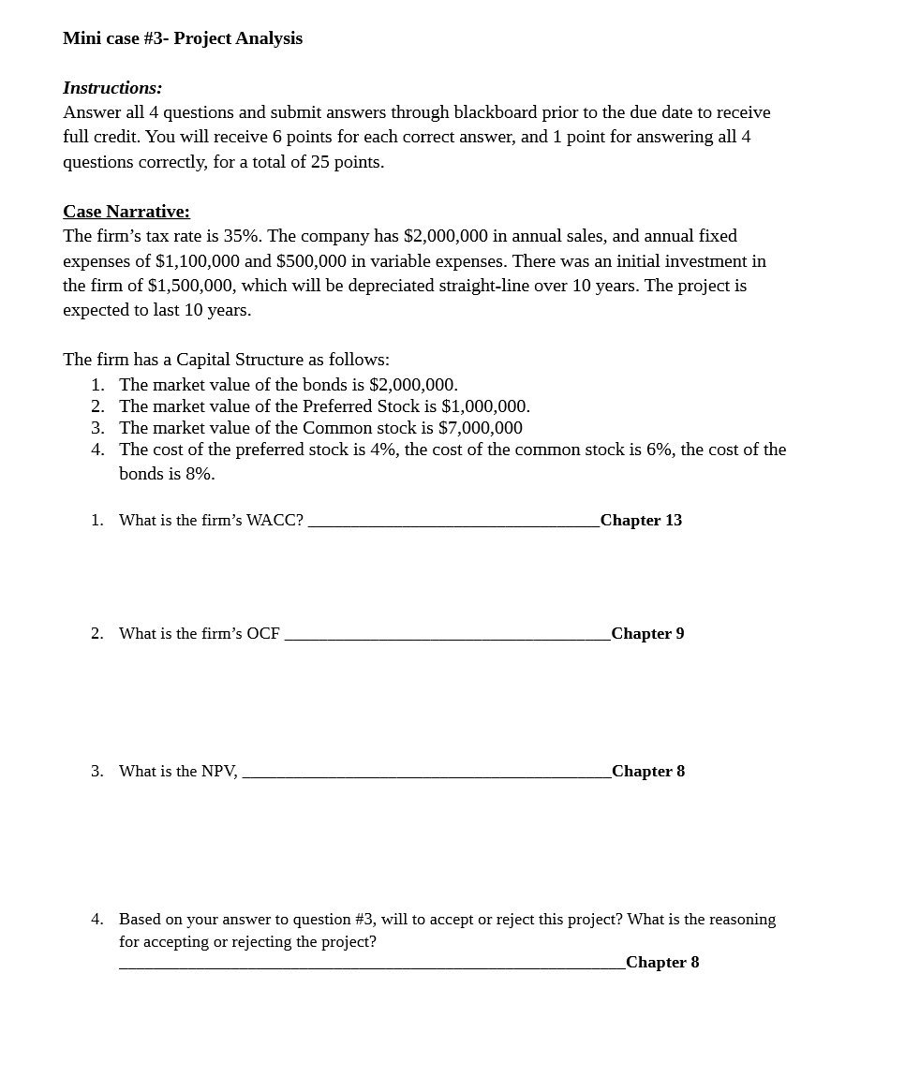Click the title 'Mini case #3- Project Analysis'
click(183, 38)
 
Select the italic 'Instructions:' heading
click(112, 88)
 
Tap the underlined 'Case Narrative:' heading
click(126, 212)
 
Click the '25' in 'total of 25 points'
click(321, 162)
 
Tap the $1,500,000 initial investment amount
click(190, 286)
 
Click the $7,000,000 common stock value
click(480, 428)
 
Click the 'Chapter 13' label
click(641, 521)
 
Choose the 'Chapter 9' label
click(647, 634)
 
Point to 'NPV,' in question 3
click(220, 772)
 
